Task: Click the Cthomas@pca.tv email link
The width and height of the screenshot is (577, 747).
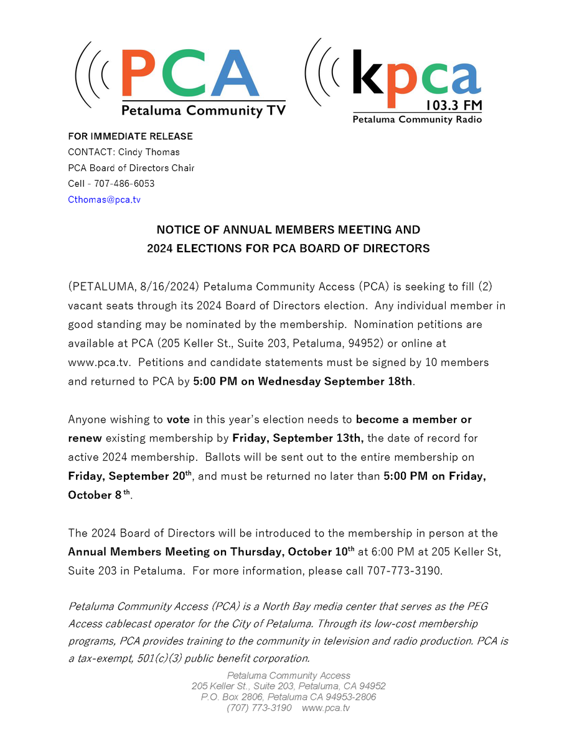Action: click(104, 200)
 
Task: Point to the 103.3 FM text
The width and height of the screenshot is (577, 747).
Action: click(454, 106)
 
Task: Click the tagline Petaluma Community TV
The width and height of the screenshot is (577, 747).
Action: click(203, 111)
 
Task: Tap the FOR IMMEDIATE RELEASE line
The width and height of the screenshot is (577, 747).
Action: click(130, 136)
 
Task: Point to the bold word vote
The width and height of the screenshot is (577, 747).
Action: click(178, 420)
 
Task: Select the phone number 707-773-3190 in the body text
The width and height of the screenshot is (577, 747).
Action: click(403, 571)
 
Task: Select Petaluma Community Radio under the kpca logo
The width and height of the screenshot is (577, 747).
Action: click(417, 120)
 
